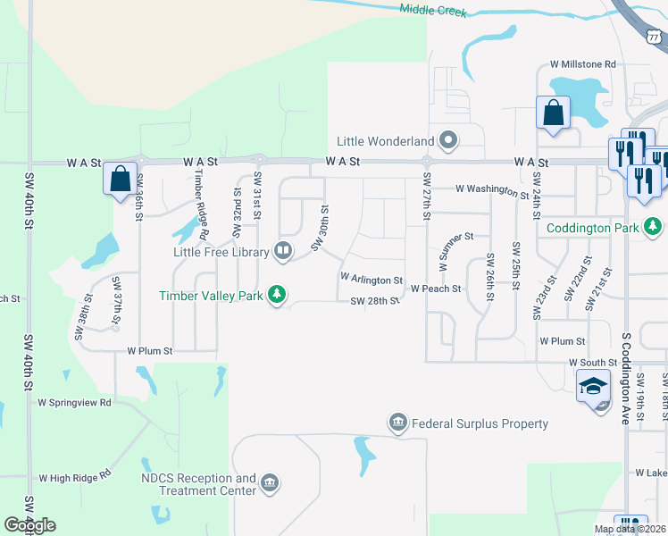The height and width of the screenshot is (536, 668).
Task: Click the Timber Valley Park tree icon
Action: pyautogui.click(x=277, y=294)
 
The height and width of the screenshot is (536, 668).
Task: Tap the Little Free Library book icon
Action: pyautogui.click(x=283, y=250)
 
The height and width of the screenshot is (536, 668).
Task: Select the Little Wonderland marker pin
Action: pyautogui.click(x=448, y=140)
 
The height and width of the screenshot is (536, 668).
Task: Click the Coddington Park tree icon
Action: pyautogui.click(x=654, y=227)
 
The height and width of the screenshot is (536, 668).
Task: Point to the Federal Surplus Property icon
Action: pyautogui.click(x=397, y=422)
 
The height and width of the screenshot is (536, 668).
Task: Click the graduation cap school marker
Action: pyautogui.click(x=592, y=388)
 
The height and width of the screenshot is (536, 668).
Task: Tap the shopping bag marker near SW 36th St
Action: pyautogui.click(x=120, y=179)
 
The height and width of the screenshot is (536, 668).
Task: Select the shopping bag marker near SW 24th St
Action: pyautogui.click(x=553, y=113)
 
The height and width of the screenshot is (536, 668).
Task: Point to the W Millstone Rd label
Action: pyautogui.click(x=583, y=64)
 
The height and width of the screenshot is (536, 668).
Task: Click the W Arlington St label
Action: pyautogui.click(x=372, y=281)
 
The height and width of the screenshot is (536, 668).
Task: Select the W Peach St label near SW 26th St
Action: pyautogui.click(x=436, y=289)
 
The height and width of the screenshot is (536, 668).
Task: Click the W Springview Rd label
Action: pyautogui.click(x=74, y=402)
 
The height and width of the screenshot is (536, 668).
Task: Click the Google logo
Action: pyautogui.click(x=29, y=525)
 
